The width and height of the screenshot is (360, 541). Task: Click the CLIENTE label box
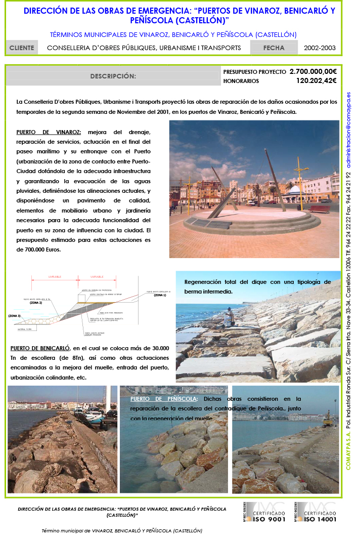click(22, 48)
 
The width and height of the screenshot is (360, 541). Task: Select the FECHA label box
click(274, 48)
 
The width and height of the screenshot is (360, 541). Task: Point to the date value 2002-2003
click(320, 48)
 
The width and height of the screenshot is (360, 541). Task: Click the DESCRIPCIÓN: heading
click(113, 76)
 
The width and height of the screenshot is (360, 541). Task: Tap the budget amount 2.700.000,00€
click(313, 72)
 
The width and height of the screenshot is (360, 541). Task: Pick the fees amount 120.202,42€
click(317, 80)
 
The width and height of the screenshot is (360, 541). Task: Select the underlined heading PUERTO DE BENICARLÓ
click(40, 349)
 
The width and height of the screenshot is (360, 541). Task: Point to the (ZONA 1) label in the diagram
click(161, 295)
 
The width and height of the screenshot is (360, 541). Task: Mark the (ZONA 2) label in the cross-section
click(36, 303)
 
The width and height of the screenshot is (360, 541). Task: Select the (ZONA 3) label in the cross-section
click(15, 316)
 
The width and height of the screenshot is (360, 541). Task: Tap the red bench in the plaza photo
click(320, 209)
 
